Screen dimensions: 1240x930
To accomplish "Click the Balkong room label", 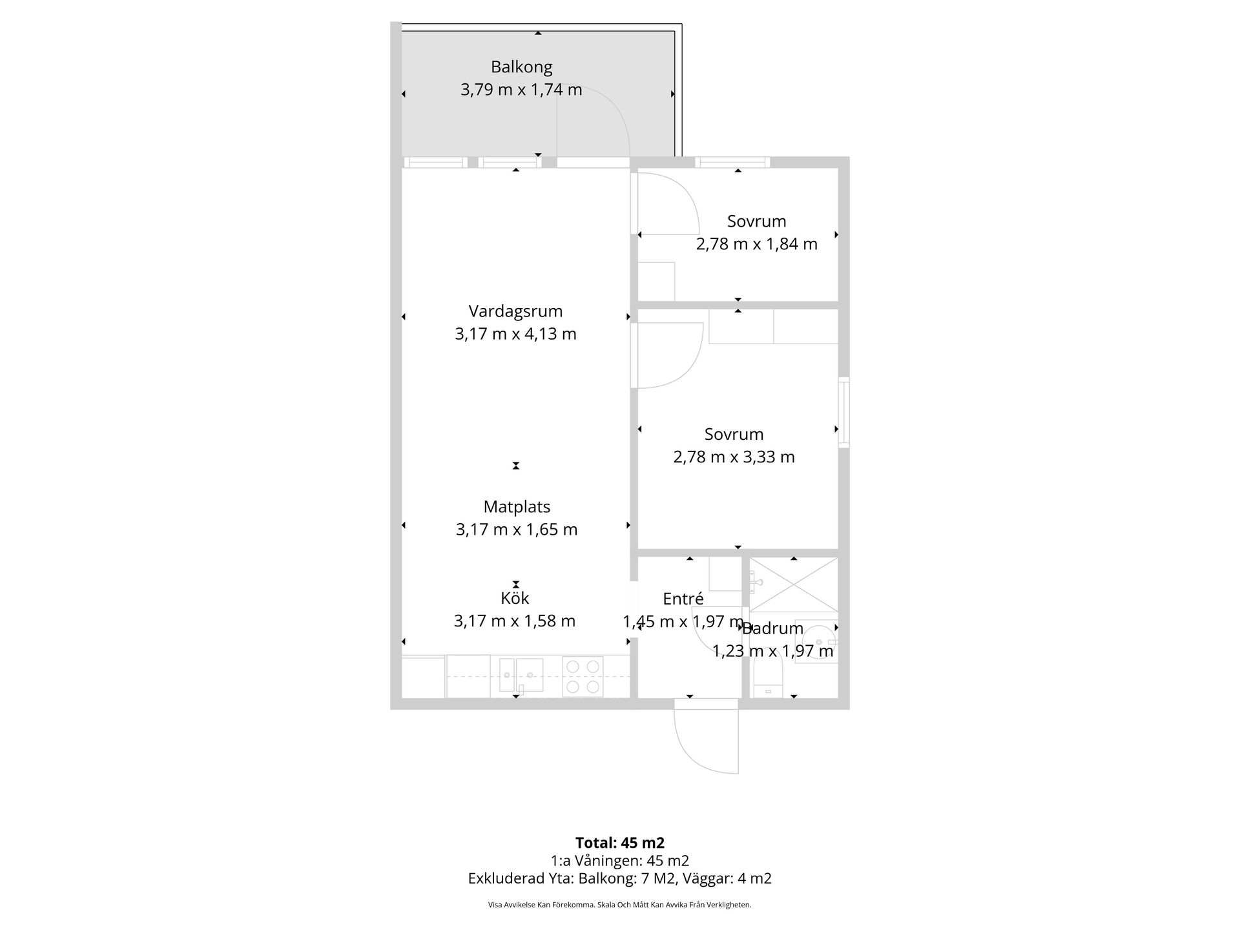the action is click(x=521, y=67).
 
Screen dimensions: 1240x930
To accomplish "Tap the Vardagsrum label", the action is click(x=515, y=311).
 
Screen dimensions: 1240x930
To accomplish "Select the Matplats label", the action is click(x=517, y=507).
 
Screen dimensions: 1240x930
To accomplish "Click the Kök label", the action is click(x=515, y=598).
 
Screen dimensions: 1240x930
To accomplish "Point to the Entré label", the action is click(x=683, y=599).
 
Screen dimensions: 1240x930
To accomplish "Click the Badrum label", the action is click(x=772, y=628).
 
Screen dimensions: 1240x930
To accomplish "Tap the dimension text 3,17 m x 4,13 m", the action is click(x=515, y=334).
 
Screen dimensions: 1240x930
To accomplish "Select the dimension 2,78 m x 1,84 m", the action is click(x=756, y=244).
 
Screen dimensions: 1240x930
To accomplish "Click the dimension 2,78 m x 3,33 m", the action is click(x=734, y=457).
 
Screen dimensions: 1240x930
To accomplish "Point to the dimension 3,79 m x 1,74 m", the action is click(x=521, y=90).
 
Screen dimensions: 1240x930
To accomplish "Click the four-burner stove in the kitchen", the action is click(x=583, y=676).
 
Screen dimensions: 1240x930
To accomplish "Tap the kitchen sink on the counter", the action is click(x=521, y=675).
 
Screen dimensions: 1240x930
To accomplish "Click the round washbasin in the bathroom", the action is click(x=820, y=642).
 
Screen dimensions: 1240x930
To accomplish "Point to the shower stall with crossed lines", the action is click(x=793, y=584).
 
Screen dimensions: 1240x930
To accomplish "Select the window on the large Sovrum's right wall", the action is click(x=843, y=412).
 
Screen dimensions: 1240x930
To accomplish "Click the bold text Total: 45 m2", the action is click(x=620, y=843).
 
